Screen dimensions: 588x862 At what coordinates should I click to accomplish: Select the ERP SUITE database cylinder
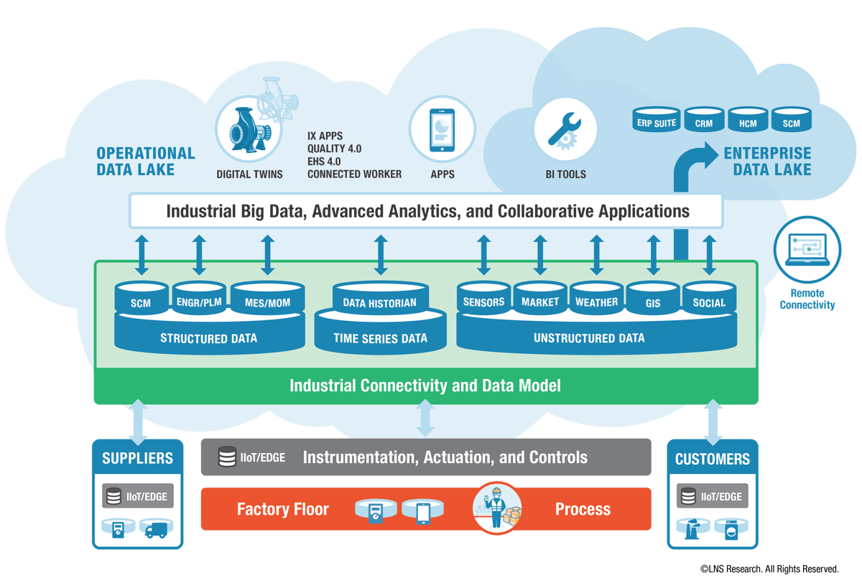654,121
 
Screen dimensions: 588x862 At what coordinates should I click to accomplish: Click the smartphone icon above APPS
442,130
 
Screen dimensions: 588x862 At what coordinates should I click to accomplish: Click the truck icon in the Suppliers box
155,531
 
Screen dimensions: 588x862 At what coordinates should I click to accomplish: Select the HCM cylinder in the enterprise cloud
748,121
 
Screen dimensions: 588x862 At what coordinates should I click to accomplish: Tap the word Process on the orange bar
583,510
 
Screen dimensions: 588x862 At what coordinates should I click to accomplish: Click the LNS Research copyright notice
769,569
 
